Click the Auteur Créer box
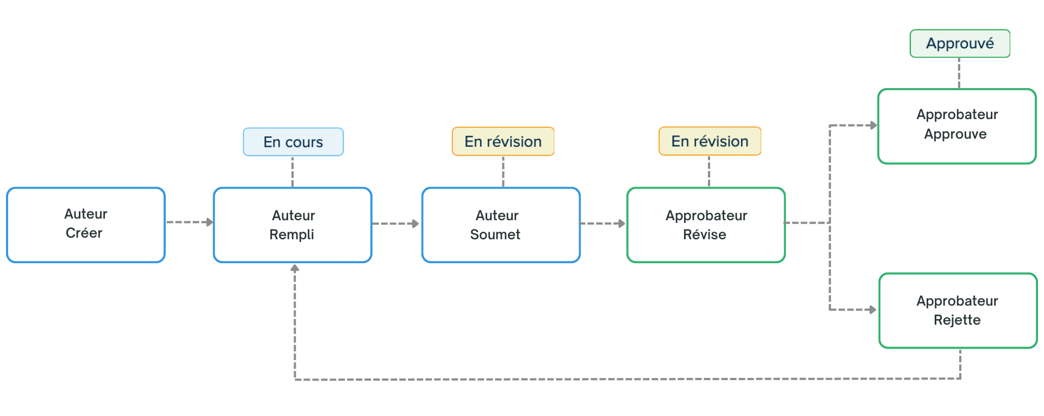coord(86,225)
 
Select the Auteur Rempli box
coord(293,225)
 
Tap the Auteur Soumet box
coord(501,225)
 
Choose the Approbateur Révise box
coord(706,225)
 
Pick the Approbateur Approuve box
coord(957,126)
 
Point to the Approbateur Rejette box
coord(958,311)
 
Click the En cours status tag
coord(293,142)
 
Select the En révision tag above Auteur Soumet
coord(503,141)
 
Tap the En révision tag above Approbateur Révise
coord(710,141)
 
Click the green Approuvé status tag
coord(960,44)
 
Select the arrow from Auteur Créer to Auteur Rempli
coord(190,222)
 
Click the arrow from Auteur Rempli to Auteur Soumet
coord(396,223)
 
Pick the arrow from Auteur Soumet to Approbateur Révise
coord(603,223)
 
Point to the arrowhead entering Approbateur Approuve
coord(874,126)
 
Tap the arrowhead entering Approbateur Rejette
coord(873,310)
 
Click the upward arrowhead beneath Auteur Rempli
coord(295,268)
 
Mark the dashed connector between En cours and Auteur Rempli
coord(293,172)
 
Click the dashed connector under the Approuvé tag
coord(959,73)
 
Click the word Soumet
coord(495,234)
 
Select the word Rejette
coord(957,320)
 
